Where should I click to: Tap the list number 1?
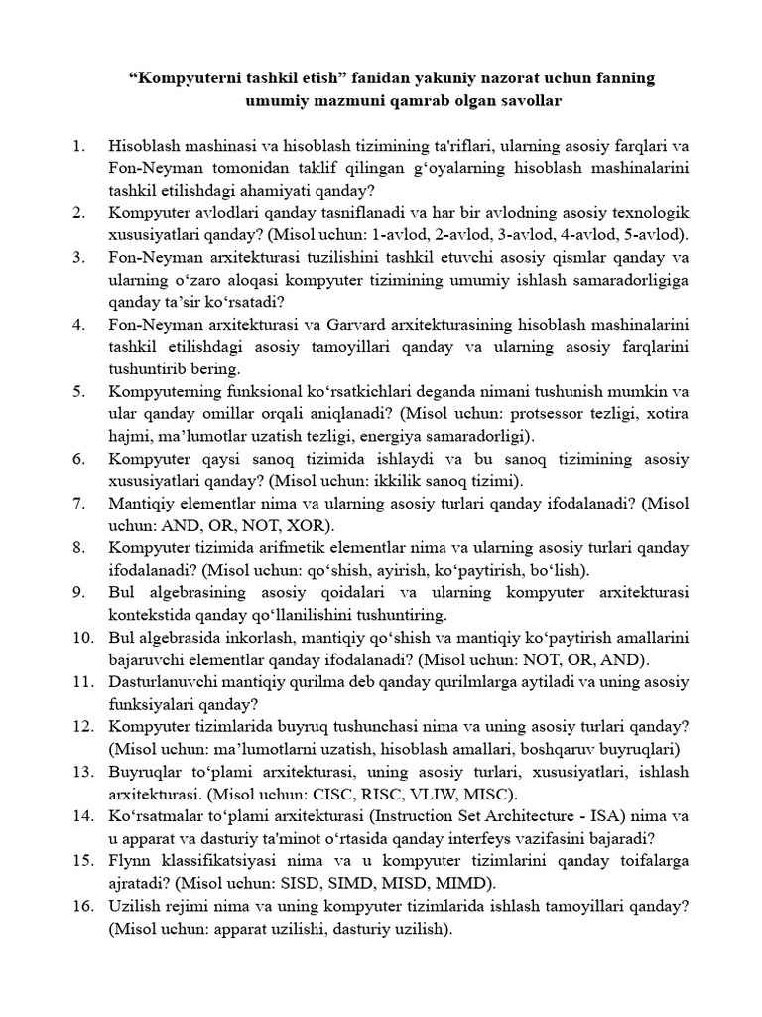click(79, 147)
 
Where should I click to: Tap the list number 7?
click(79, 504)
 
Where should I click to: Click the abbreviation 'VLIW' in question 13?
click(424, 794)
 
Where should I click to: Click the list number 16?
click(79, 906)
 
